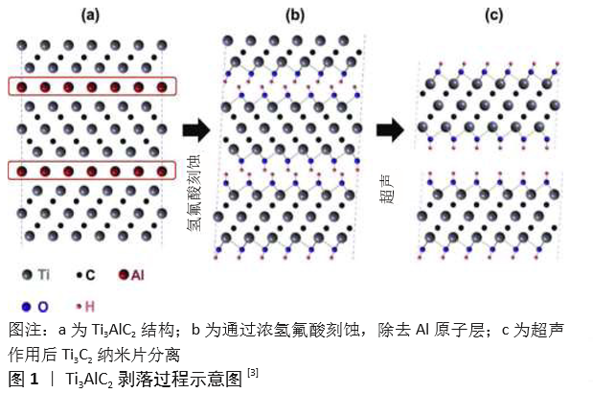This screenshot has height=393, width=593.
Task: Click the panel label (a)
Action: [x=91, y=15]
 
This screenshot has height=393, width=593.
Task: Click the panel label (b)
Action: [x=295, y=15]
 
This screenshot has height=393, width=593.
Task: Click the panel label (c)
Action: [x=494, y=15]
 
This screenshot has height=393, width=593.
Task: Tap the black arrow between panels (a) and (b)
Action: [x=196, y=130]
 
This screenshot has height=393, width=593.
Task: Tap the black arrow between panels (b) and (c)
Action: [x=390, y=130]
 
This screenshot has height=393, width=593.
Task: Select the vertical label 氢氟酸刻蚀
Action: [x=194, y=192]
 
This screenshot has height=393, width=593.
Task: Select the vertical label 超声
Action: [x=386, y=189]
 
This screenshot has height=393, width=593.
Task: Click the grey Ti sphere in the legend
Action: [x=27, y=275]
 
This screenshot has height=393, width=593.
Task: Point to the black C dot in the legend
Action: [x=80, y=275]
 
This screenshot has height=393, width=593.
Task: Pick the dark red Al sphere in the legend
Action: [x=124, y=275]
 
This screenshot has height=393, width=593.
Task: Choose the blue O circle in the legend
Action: [x=26, y=307]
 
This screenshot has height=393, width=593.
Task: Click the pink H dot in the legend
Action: [x=79, y=307]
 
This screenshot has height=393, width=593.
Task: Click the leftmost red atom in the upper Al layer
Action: [x=22, y=87]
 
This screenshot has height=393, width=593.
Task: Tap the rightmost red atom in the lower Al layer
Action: [x=162, y=172]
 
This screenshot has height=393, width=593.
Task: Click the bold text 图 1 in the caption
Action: [x=23, y=379]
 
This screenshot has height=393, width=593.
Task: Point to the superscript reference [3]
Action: [x=253, y=373]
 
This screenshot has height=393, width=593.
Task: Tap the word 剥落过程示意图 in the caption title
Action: [x=180, y=379]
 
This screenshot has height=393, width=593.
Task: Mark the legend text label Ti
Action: [x=44, y=275]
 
